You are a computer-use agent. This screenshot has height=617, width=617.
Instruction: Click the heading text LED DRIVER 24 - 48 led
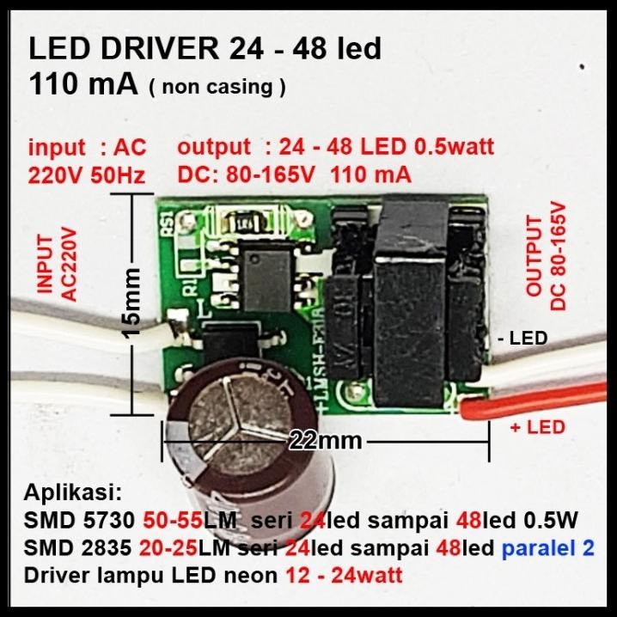205,49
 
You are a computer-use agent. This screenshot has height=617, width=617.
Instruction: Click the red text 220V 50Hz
86,176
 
